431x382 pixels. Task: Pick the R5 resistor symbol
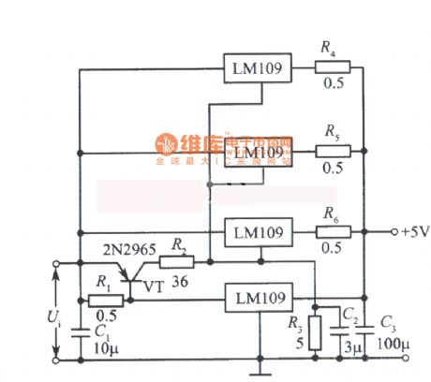pos(333,150)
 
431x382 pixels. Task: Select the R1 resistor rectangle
pos(105,301)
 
